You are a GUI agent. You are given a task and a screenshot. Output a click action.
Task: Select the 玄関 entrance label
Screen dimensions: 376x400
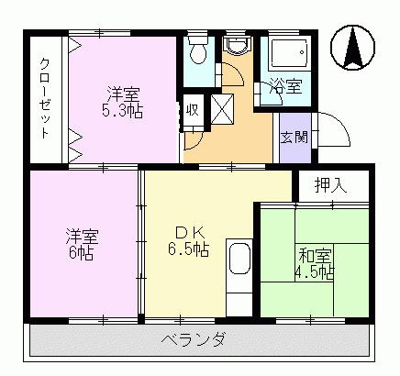pyautogui.click(x=294, y=138)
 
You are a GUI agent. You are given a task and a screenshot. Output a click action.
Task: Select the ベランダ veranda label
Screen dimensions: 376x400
pyautogui.click(x=200, y=340)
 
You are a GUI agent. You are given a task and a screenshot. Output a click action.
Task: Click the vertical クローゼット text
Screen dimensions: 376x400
pyautogui.click(x=44, y=97)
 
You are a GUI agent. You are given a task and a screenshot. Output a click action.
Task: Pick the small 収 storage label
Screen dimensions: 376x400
pyautogui.click(x=193, y=110)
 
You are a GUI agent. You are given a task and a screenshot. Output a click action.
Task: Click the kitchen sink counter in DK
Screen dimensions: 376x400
pyautogui.click(x=239, y=268)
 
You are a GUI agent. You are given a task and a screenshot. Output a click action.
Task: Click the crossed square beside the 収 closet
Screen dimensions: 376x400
pyautogui.click(x=224, y=109)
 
